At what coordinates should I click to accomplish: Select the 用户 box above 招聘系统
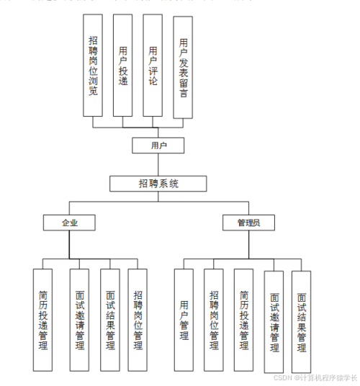point(157,145)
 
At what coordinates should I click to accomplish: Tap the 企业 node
point(68,223)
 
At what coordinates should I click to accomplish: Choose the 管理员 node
point(248,223)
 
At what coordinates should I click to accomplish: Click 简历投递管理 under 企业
point(43,319)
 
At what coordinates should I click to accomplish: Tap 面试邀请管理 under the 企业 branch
point(79,319)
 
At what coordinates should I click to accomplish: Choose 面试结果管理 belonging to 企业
point(109,319)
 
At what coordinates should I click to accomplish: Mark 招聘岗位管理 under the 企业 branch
point(138,319)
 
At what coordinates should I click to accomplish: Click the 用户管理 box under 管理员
point(184,319)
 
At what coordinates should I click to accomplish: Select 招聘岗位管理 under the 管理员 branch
point(214,319)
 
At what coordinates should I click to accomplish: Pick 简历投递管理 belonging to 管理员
point(244,319)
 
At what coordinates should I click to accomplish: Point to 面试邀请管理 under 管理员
point(274,321)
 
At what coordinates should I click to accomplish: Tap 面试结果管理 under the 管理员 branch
point(302,321)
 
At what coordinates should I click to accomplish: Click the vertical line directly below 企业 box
point(68,245)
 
